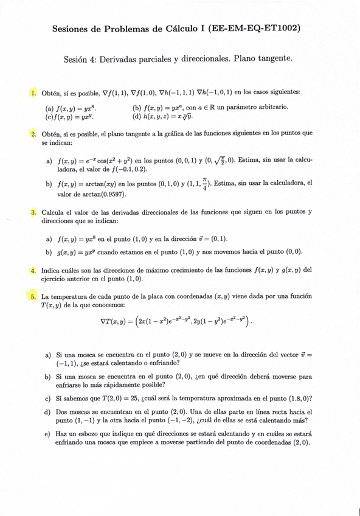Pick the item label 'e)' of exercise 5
pos(48,434)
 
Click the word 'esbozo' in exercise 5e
pos(88,434)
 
